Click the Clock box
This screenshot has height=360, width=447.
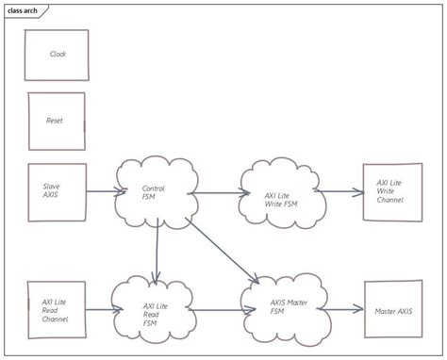58,54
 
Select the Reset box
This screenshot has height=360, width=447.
57,122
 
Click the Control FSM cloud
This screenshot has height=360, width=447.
155,192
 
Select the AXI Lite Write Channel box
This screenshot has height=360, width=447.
391,192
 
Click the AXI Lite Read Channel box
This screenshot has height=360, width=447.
57,310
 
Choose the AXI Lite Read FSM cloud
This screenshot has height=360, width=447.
156,310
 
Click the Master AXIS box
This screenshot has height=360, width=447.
391,310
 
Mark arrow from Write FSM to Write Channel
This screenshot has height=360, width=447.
339,192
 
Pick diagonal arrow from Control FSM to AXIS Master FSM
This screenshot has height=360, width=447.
223,250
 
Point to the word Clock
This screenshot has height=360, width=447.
58,54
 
